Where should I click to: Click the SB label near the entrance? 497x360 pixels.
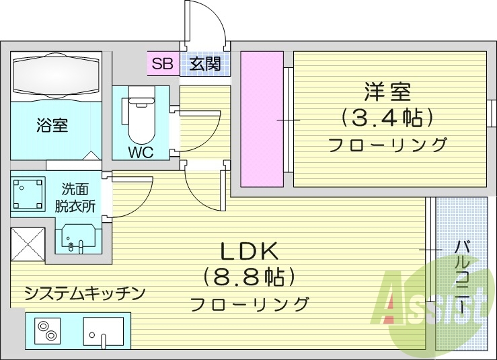click(x=162, y=64)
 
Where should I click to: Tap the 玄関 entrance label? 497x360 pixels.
click(x=204, y=64)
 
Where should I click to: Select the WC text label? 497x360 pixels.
click(x=141, y=152)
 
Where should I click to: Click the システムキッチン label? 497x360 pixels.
click(x=85, y=293)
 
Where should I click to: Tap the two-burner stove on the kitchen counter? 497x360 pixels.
click(x=48, y=332)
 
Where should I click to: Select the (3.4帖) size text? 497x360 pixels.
click(x=386, y=118)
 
